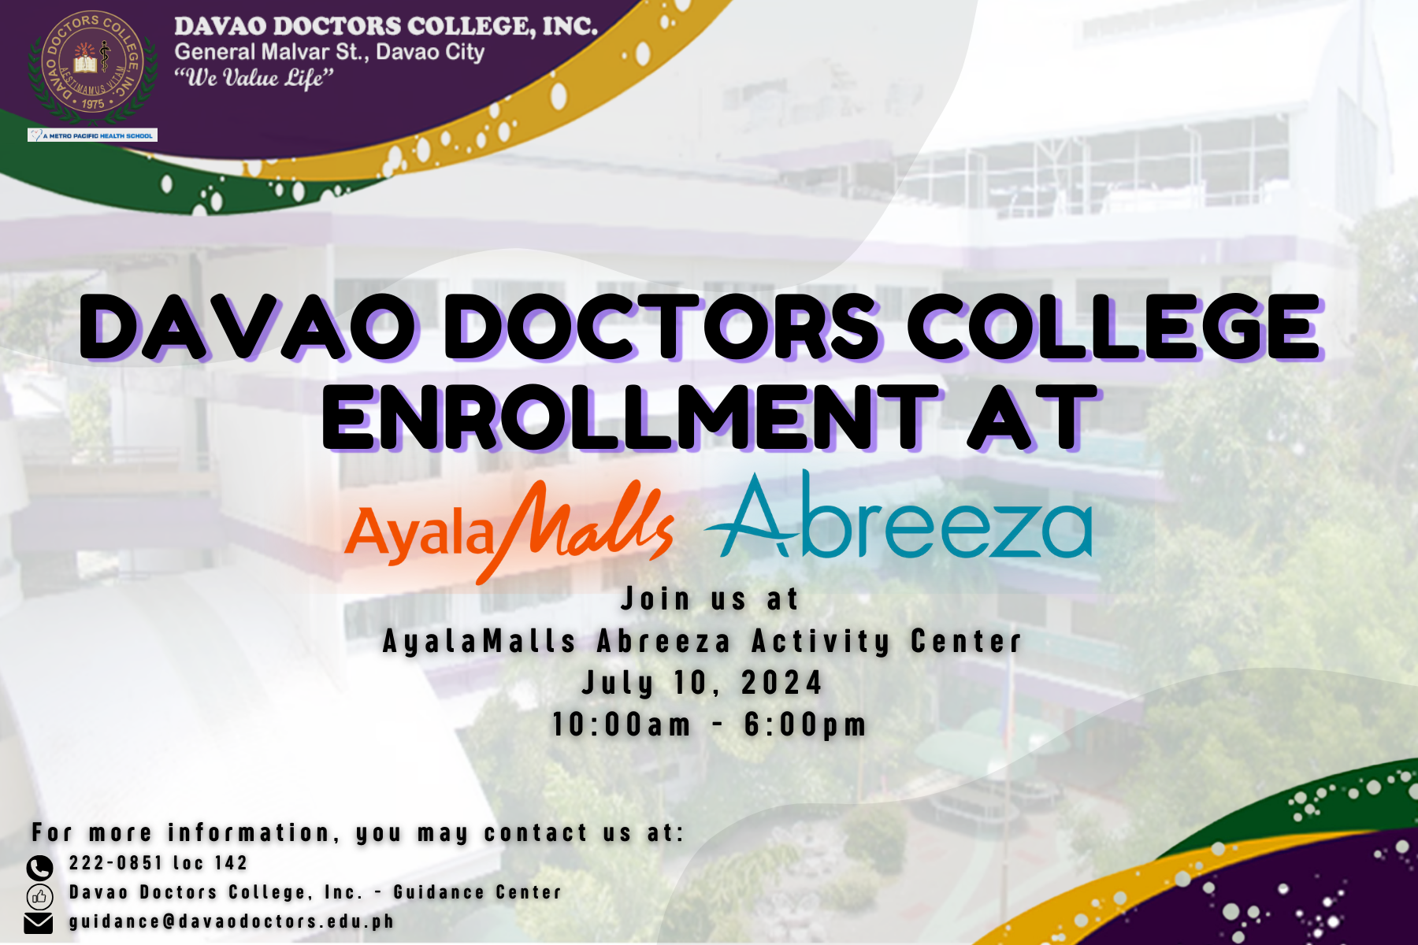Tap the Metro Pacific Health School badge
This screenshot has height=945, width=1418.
pos(92,135)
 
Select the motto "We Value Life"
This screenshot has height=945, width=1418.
pos(254,78)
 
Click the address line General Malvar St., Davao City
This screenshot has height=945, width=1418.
pos(329,52)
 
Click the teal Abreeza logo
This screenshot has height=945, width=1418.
pos(899,516)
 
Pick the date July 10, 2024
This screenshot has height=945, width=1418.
pos(703,683)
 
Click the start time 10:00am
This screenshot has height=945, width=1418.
pos(622,724)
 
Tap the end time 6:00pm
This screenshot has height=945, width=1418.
pos(805,724)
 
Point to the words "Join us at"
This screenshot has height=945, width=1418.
pos(710,599)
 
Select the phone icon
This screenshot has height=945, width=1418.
pos(39,868)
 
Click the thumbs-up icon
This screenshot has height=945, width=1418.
pos(39,896)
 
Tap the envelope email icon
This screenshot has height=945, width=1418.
pos(39,923)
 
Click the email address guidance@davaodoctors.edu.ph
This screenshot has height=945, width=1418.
pos(232,921)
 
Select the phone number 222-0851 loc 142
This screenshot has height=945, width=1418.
pos(158,863)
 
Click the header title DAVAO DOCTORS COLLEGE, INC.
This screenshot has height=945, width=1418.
pos(386,26)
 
